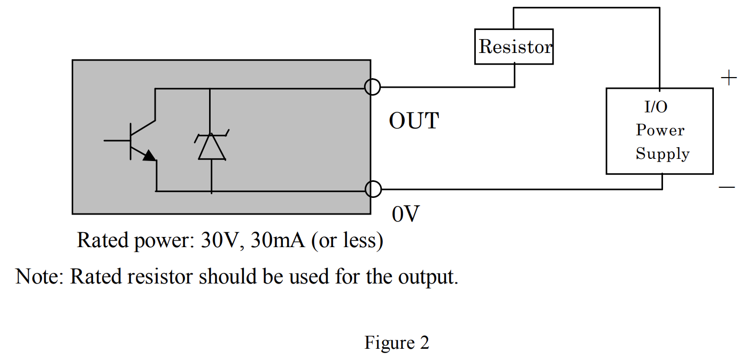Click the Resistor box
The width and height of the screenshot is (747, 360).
[514, 47]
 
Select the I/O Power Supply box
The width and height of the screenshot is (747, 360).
[659, 131]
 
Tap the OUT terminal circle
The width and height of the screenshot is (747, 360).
[373, 87]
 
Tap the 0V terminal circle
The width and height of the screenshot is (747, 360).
[373, 189]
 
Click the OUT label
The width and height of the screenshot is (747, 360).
[414, 121]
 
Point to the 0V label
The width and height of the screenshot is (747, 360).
[406, 214]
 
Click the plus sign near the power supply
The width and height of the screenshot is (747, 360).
[728, 79]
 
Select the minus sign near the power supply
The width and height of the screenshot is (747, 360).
[727, 187]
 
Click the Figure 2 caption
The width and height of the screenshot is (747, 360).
[397, 342]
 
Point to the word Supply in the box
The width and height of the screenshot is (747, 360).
[663, 154]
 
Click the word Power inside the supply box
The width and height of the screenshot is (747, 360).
[660, 131]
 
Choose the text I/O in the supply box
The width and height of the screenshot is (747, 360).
[656, 108]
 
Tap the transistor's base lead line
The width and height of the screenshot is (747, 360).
[117, 140]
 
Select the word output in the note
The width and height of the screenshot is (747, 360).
[427, 277]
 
